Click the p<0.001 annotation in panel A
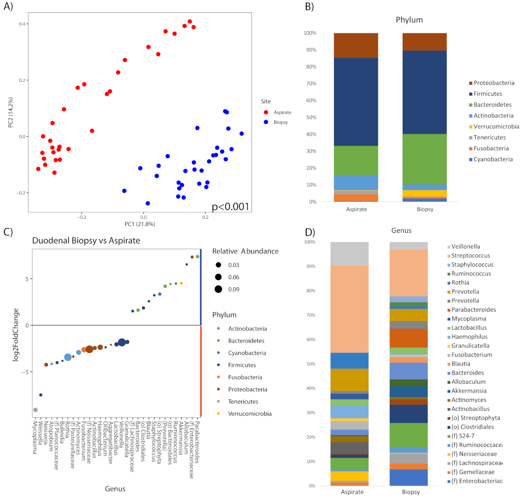[230, 207]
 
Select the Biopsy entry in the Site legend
[280, 122]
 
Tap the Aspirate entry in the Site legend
[282, 112]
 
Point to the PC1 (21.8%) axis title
[140, 224]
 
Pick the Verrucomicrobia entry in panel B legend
[496, 127]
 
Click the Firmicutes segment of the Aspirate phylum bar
[356, 102]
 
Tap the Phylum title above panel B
[409, 20]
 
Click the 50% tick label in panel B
[310, 118]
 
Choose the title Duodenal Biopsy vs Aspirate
[86, 241]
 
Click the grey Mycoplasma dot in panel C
[35, 410]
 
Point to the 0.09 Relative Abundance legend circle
[218, 289]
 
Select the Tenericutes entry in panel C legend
[243, 401]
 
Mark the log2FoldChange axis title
[16, 335]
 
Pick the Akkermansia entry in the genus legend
[469, 391]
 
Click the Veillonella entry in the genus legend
[465, 246]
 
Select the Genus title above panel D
[401, 231]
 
